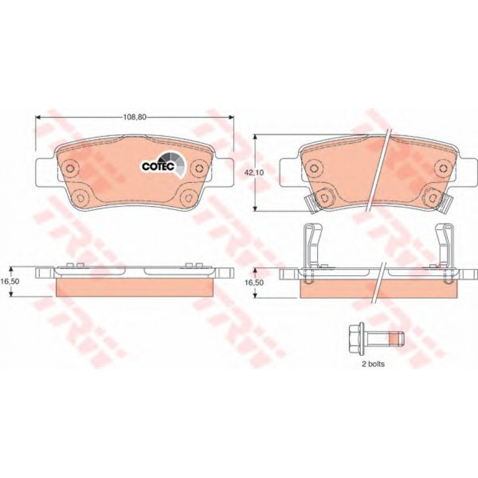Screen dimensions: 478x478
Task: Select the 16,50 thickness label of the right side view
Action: pos(255,283)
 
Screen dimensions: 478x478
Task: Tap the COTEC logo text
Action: pos(158,166)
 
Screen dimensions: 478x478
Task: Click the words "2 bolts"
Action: pos(373,363)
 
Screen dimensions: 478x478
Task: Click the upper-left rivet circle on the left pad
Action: pos(70,168)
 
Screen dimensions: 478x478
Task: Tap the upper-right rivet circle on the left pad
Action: pos(200,168)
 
